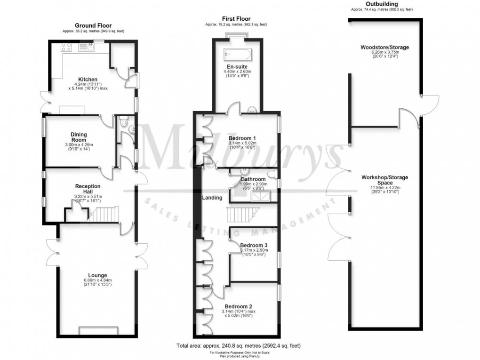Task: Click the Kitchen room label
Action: [x=88, y=80]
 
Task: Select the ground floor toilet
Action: [x=124, y=123]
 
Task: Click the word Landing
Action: [x=212, y=198]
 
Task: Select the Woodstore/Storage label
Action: [x=384, y=48]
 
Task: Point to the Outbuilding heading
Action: [x=381, y=4]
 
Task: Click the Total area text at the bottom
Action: [x=238, y=346]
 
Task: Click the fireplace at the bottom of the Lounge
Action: [x=97, y=330]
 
